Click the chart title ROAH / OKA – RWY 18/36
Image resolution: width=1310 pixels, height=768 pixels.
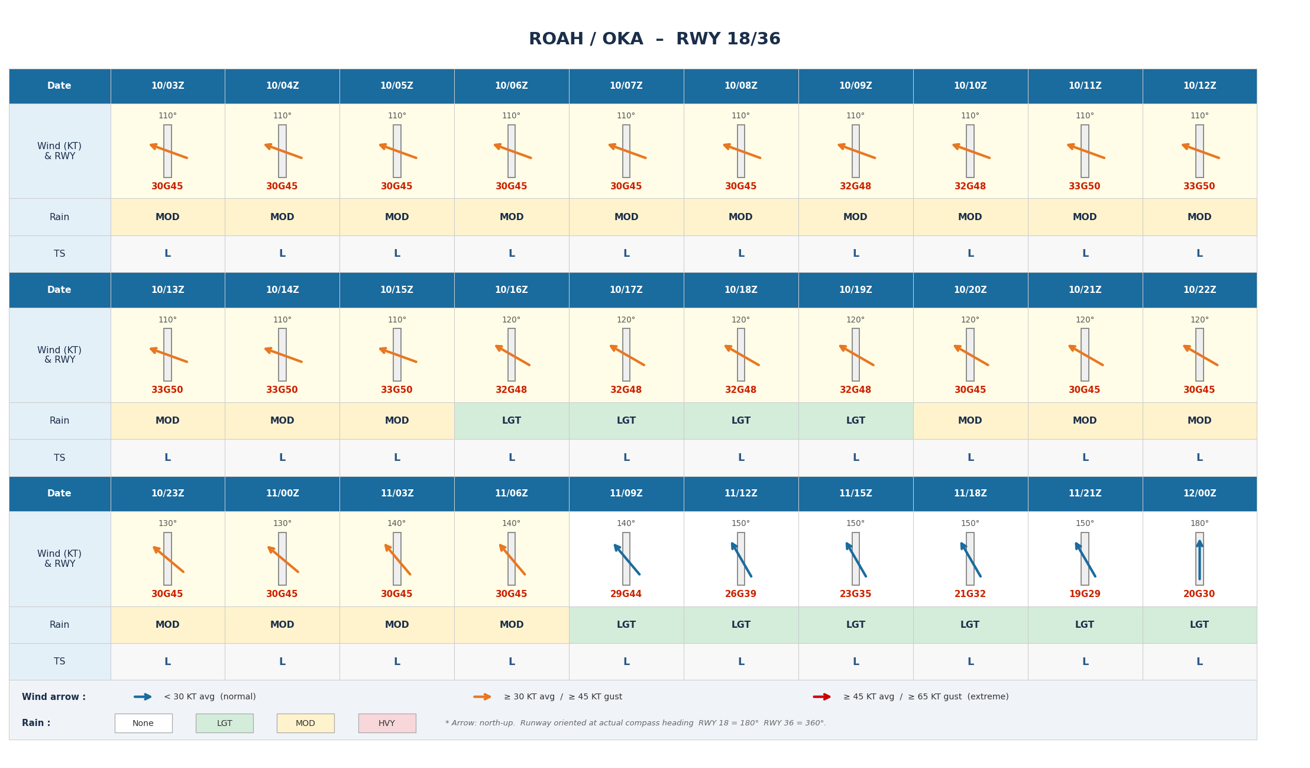[x=654, y=39]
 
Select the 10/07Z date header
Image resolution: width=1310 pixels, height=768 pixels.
[x=626, y=86]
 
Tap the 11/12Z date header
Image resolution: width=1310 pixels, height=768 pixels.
[x=740, y=493]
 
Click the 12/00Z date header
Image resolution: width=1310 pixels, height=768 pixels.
[x=1199, y=493]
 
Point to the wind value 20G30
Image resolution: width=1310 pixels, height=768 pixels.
[x=1199, y=594]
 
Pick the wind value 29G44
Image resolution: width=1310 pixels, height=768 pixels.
[x=626, y=594]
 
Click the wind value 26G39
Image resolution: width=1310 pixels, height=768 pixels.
[x=740, y=594]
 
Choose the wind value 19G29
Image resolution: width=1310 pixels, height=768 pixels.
[x=1084, y=594]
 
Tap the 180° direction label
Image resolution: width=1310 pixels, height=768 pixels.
[x=1199, y=524]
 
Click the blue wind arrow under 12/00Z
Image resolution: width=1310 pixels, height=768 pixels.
[x=1199, y=559]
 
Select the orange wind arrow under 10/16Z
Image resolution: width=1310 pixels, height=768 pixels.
[x=512, y=355]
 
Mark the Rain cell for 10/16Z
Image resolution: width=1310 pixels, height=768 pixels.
[x=512, y=421]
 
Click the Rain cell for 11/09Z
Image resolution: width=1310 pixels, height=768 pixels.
[x=626, y=625]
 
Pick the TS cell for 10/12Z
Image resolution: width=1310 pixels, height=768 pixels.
[x=1199, y=254]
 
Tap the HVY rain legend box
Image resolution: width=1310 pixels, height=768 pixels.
[x=387, y=723]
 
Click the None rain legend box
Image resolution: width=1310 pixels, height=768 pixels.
[x=143, y=723]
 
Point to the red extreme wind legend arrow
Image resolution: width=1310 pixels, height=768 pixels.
[x=822, y=697]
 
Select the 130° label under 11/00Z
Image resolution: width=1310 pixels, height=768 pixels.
[x=282, y=524]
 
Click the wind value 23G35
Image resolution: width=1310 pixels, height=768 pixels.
[x=855, y=594]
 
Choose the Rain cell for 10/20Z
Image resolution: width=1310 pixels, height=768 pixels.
[x=970, y=421]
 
